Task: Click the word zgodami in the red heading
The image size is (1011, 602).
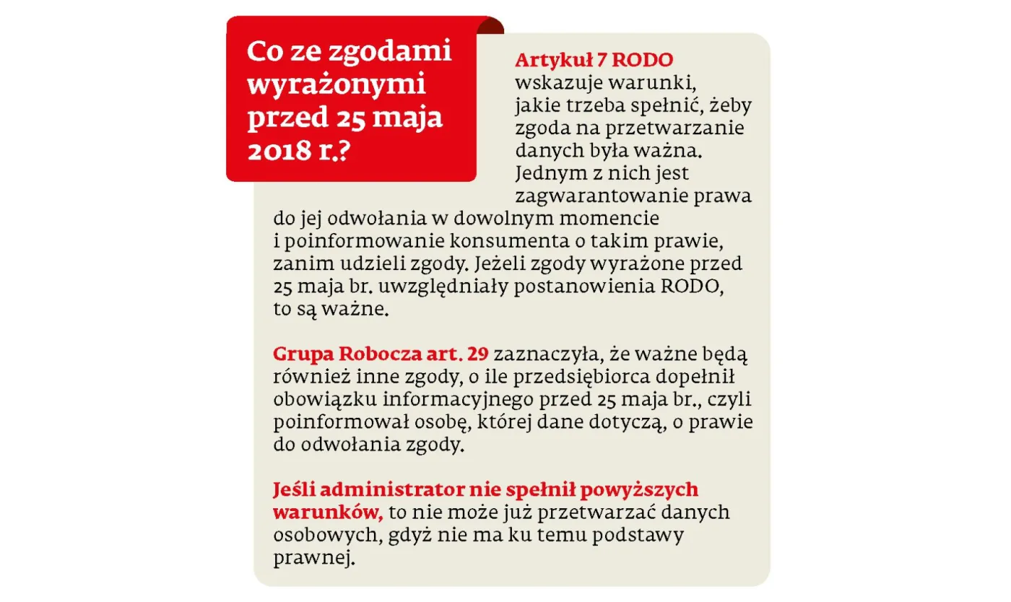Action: click(x=391, y=52)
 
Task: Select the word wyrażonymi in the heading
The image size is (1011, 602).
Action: click(x=337, y=85)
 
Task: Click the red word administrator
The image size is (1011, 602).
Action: click(x=391, y=489)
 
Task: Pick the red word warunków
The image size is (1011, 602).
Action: click(x=327, y=512)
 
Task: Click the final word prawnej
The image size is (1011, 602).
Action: click(x=315, y=558)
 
